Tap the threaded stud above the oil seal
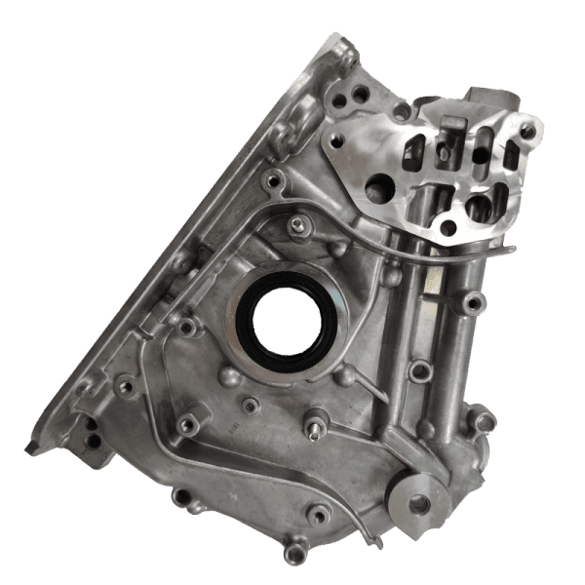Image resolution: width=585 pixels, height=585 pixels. point(294,227)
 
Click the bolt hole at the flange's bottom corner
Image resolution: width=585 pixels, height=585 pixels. point(448,228)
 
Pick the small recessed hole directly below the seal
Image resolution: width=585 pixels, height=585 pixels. point(251,405)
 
